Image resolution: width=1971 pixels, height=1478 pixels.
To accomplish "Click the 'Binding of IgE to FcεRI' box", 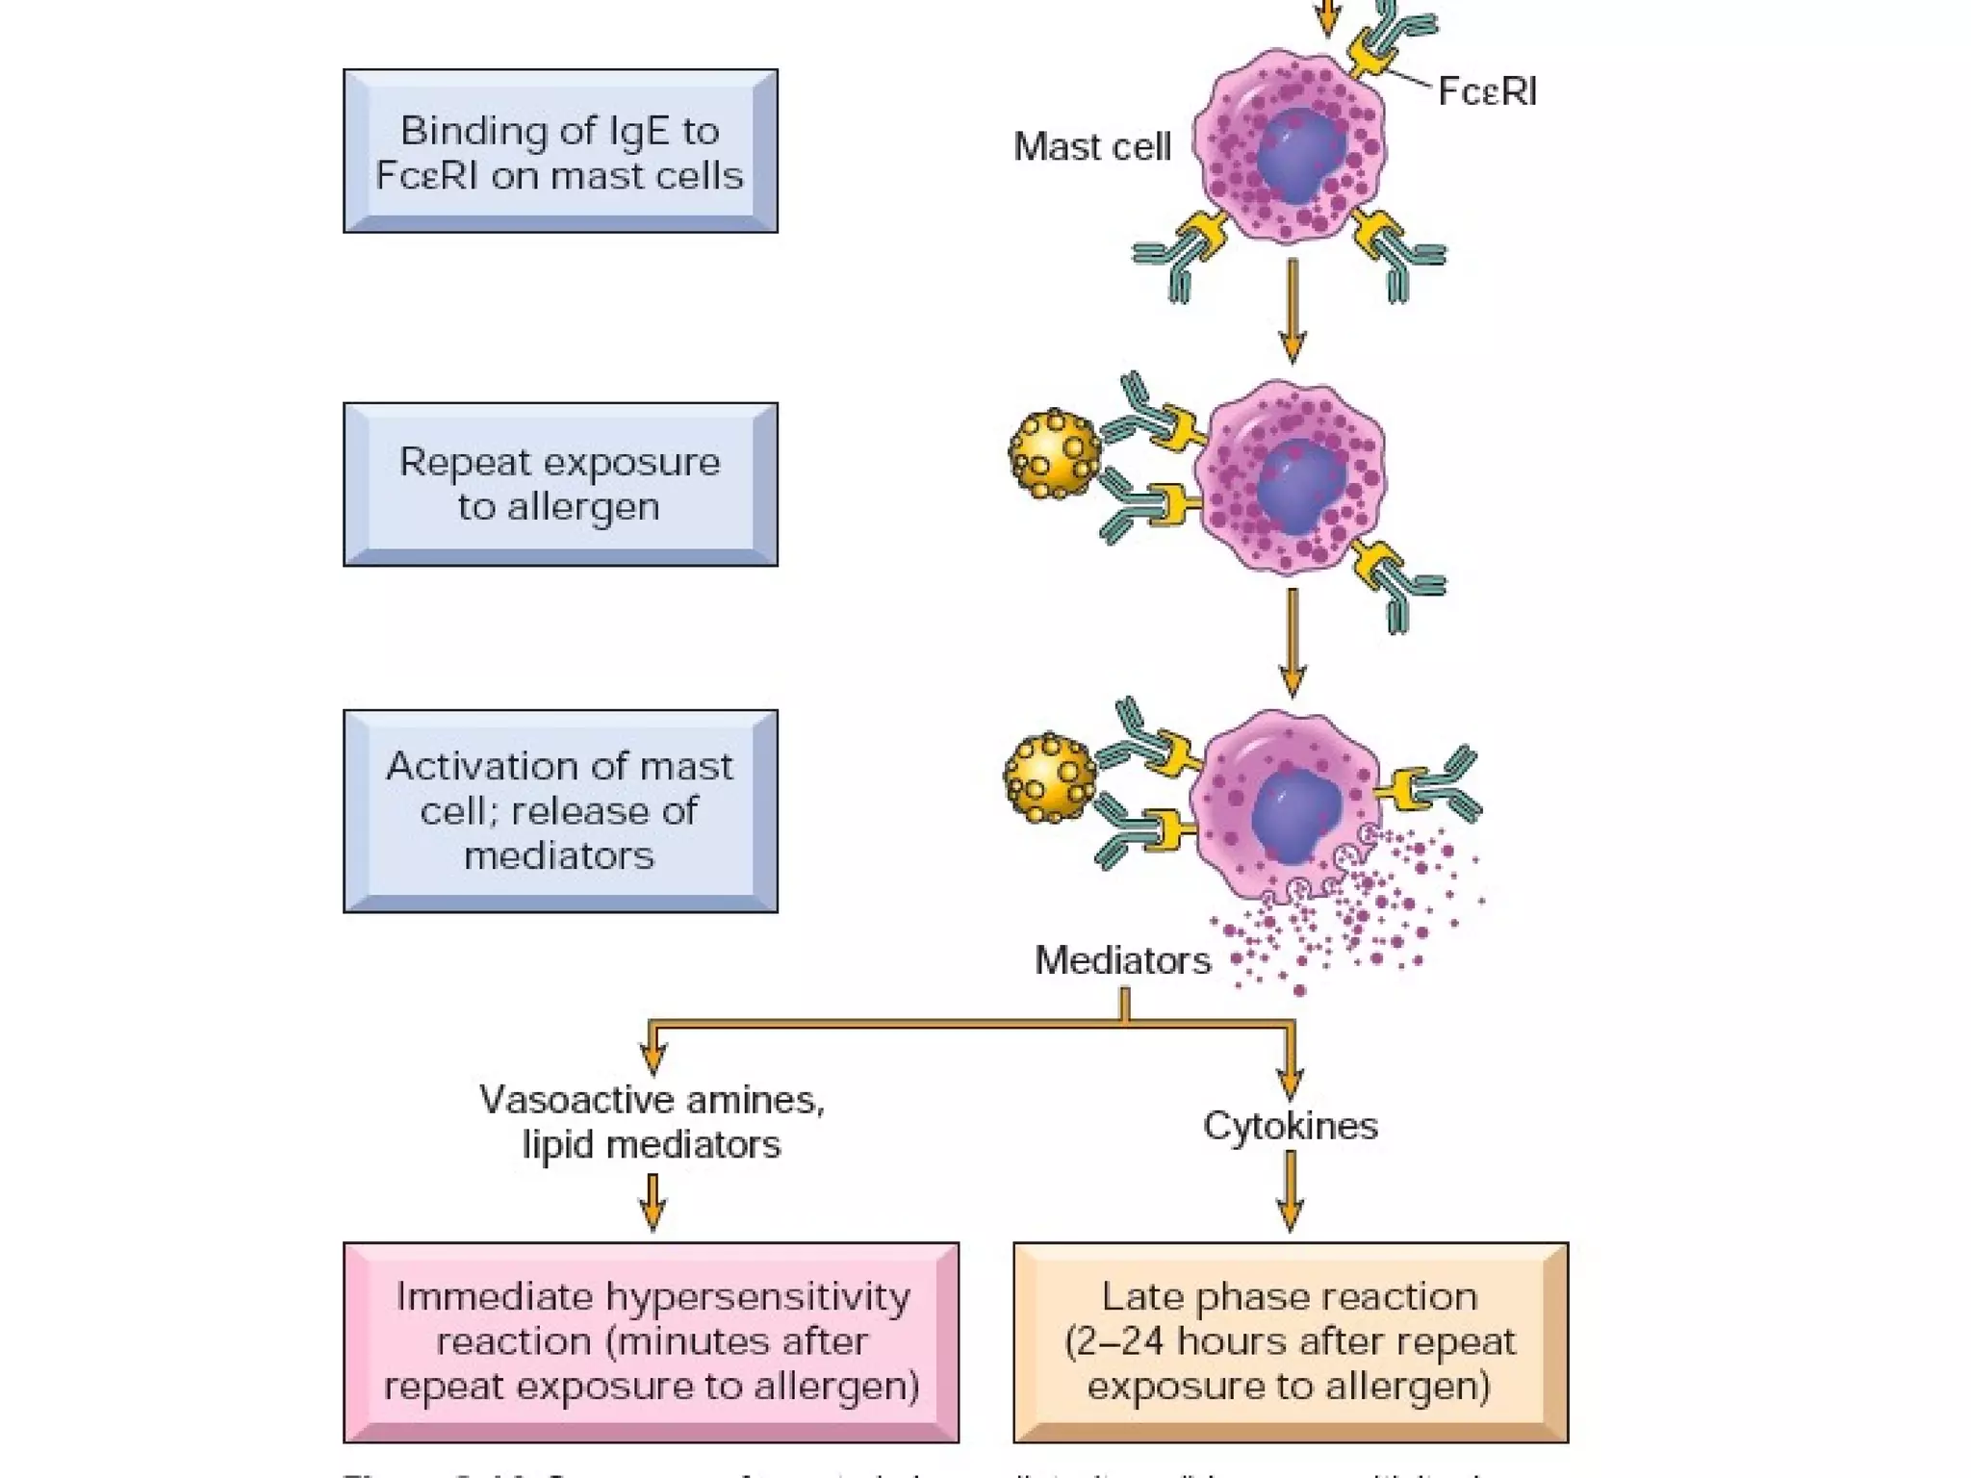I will (560, 151).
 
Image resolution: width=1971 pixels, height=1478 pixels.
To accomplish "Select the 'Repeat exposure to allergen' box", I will (560, 484).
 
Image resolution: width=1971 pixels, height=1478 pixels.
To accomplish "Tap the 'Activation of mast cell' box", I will (560, 811).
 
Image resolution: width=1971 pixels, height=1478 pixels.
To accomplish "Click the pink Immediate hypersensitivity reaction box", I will (651, 1341).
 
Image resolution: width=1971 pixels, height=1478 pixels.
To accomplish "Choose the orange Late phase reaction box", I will (1290, 1341).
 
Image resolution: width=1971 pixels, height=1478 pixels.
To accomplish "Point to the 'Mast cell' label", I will (1091, 147).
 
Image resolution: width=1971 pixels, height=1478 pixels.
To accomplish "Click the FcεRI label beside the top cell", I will (1486, 92).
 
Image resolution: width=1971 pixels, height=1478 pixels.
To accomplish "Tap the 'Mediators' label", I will (1122, 960).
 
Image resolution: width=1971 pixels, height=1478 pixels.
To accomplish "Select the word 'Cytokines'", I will (1290, 1126).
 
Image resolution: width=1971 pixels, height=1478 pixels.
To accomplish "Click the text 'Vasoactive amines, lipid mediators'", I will (652, 1122).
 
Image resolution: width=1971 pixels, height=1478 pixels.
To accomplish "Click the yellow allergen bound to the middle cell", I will (1055, 454).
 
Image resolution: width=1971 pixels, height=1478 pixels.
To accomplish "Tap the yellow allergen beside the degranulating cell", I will (1050, 777).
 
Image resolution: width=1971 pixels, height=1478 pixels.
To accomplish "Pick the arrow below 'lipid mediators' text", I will (653, 1203).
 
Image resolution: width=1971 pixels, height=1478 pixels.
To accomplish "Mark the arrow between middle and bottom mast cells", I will (1292, 643).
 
